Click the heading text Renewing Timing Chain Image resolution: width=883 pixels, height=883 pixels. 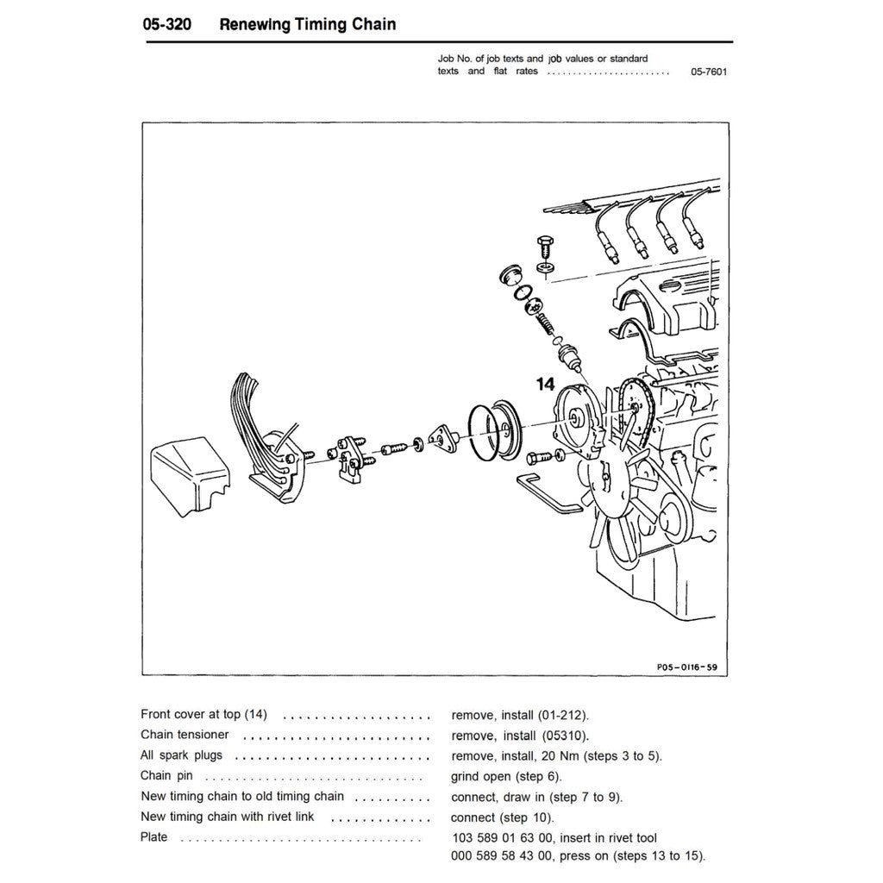pos(308,24)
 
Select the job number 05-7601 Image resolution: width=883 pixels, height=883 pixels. pos(708,72)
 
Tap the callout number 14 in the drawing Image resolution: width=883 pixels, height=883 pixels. pos(545,385)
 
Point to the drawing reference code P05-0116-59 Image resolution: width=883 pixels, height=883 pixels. pos(679,667)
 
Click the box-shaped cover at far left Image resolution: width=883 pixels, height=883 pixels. pos(191,476)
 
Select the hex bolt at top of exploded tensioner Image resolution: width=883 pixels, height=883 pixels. pos(543,245)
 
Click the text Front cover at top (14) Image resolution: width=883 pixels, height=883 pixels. pos(204,715)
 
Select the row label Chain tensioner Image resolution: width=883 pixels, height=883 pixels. pos(185,735)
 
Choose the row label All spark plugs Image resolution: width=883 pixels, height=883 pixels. pos(181,755)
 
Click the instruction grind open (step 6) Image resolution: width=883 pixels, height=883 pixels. pos(505,776)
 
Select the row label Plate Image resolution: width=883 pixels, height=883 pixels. pos(154,836)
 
